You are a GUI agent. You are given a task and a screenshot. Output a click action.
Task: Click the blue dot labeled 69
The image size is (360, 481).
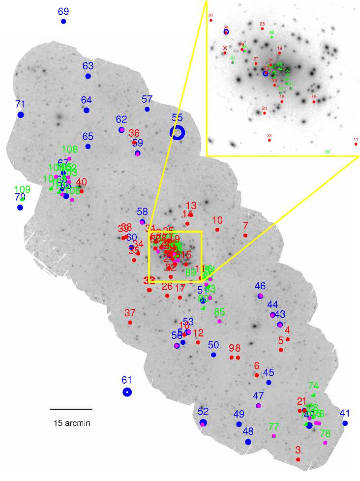pyautogui.click(x=63, y=21)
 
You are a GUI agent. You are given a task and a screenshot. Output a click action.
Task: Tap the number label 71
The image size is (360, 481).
pyautogui.click(x=20, y=104)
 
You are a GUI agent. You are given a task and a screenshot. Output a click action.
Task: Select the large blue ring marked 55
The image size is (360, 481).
pyautogui.click(x=177, y=132)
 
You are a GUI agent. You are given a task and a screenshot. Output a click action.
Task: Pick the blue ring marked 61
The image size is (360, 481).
pyautogui.click(x=127, y=392)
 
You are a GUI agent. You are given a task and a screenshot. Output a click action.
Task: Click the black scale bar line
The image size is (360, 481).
pyautogui.click(x=71, y=409)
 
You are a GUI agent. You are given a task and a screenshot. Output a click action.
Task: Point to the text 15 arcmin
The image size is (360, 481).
pyautogui.click(x=72, y=423)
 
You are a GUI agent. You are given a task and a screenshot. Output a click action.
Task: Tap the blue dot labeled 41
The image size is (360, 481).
pyautogui.click(x=345, y=423)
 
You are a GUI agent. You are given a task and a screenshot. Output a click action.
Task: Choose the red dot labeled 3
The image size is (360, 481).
pyautogui.click(x=298, y=459)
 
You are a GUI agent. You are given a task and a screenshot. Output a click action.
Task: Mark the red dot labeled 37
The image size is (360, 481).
pyautogui.click(x=130, y=323)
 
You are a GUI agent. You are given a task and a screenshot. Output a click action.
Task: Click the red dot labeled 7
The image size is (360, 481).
pyautogui.click(x=245, y=236)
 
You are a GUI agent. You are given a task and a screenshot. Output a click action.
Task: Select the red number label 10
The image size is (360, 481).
pyautogui.click(x=217, y=220)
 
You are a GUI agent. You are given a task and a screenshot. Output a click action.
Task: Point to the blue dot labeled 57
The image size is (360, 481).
pyautogui.click(x=147, y=109)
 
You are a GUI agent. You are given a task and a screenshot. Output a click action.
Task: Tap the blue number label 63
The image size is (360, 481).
pyautogui.click(x=88, y=66)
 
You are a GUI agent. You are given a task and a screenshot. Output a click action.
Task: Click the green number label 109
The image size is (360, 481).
pyautogui.click(x=23, y=189)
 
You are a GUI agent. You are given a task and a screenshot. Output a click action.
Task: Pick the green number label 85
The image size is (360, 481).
pyautogui.click(x=219, y=311)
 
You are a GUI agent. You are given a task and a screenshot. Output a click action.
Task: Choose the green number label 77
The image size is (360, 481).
pyautogui.click(x=273, y=426)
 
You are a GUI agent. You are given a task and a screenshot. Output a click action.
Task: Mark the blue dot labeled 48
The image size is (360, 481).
pyautogui.click(x=248, y=442)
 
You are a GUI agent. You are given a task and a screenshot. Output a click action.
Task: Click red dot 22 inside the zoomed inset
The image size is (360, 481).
pyautogui.click(x=270, y=140)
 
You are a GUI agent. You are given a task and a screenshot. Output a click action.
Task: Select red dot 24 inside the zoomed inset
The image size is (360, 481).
pyautogui.click(x=265, y=113)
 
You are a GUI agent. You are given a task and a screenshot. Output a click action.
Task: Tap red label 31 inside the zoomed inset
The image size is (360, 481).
pyautogui.click(x=211, y=16)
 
